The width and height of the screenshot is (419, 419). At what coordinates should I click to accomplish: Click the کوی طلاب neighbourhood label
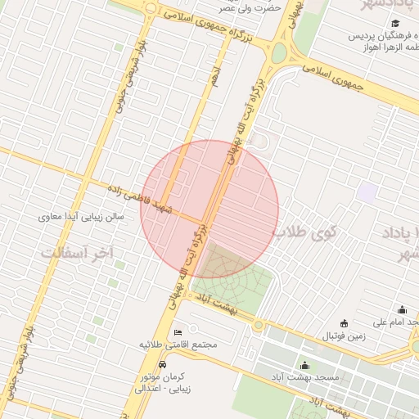pyautogui.click(x=305, y=232)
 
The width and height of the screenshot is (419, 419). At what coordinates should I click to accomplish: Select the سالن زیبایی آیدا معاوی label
pyautogui.click(x=82, y=218)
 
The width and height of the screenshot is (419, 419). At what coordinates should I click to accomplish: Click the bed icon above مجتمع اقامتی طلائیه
pyautogui.click(x=178, y=332)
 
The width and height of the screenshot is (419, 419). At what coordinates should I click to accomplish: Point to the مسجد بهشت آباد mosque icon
pyautogui.click(x=305, y=365)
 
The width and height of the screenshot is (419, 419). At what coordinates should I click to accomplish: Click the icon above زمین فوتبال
pyautogui.click(x=343, y=322)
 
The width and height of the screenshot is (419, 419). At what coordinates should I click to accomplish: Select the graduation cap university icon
pyautogui.click(x=395, y=24)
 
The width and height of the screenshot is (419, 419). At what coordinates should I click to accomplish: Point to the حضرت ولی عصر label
pyautogui.click(x=250, y=7)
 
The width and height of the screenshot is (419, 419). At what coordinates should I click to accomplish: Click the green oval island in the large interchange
pyautogui.click(x=279, y=53)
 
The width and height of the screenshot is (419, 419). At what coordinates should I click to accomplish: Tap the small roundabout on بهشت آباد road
pyautogui.click(x=259, y=325)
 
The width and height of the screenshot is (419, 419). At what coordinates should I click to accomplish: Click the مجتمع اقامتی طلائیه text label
pyautogui.click(x=178, y=345)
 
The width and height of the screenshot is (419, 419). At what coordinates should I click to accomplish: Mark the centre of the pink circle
pyautogui.click(x=209, y=209)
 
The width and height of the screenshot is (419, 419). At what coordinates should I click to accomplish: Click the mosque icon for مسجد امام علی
pyautogui.click(x=402, y=309)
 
